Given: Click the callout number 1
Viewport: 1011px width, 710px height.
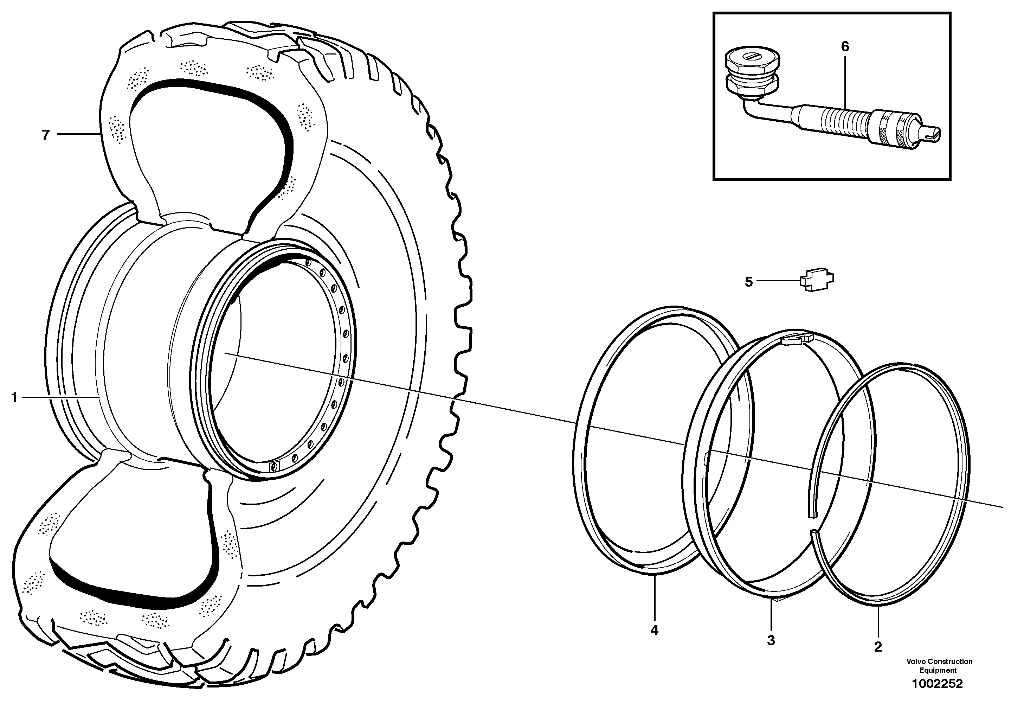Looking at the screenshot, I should click(14, 398).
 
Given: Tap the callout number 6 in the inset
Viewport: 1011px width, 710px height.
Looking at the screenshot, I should click(845, 47).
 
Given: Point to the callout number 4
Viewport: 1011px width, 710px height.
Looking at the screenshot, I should click(654, 630).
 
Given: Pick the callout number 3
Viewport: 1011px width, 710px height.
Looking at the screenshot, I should click(771, 640).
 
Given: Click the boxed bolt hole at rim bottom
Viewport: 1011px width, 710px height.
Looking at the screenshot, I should click(274, 466).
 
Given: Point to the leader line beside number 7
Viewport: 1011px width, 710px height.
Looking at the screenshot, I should click(77, 134).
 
